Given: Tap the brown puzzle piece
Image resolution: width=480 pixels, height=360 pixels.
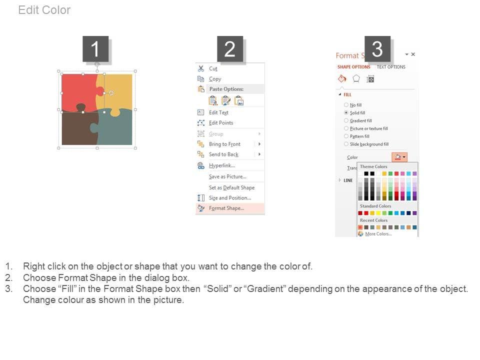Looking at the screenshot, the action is [x=76, y=128].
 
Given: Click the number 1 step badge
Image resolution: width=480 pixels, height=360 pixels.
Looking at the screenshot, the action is [x=95, y=49].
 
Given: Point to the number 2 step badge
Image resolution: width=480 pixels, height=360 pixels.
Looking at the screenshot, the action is [x=230, y=49].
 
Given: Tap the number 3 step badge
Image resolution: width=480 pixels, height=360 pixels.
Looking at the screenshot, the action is [x=377, y=49].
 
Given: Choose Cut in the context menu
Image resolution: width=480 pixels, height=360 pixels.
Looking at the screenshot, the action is [x=213, y=68].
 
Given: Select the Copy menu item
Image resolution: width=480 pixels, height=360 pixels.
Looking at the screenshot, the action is [x=215, y=79].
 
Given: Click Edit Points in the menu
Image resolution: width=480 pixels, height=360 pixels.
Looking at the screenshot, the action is [x=221, y=123].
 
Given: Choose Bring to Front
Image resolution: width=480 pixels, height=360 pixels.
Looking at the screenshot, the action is [x=224, y=144].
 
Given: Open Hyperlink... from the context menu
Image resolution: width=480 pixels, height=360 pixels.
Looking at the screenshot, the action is [x=221, y=165].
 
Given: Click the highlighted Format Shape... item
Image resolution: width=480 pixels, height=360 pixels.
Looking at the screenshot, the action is [x=226, y=208].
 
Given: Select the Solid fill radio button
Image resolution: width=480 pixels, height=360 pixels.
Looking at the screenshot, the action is [x=346, y=112].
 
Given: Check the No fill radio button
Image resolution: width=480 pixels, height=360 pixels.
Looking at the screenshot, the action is [x=346, y=104].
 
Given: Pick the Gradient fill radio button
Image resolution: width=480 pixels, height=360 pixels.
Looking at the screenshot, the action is [x=346, y=120].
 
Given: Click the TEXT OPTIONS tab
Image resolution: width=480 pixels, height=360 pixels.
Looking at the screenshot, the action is [x=391, y=66].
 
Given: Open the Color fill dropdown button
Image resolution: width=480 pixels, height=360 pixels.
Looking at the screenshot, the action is [x=399, y=157].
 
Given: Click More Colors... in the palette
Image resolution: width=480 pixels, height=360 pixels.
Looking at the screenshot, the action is [x=378, y=234].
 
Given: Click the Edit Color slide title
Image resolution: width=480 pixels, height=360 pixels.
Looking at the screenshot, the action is [x=44, y=10].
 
